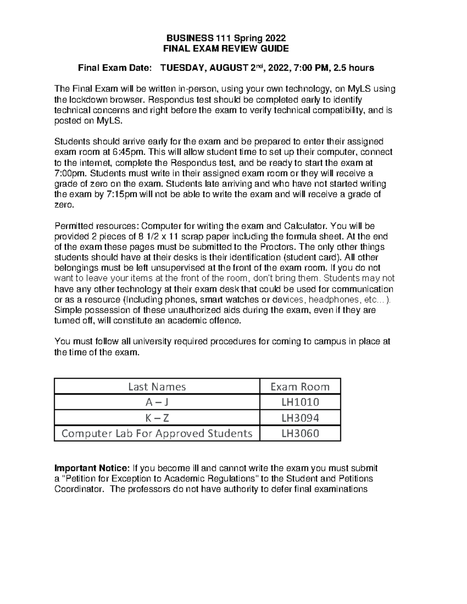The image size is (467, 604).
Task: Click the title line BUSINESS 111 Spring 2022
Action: coord(226,38)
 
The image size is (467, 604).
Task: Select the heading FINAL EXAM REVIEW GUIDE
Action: coord(226,49)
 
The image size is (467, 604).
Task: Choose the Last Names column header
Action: coord(157,387)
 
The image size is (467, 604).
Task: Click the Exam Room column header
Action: coord(300,387)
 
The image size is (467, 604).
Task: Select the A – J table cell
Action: coord(157,402)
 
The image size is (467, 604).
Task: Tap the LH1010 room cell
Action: coord(300,402)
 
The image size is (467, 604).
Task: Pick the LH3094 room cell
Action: coord(300,418)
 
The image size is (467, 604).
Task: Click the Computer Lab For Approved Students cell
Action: coord(157,433)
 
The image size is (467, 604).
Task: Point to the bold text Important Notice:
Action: coord(92,468)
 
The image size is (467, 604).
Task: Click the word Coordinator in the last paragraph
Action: coord(79,489)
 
